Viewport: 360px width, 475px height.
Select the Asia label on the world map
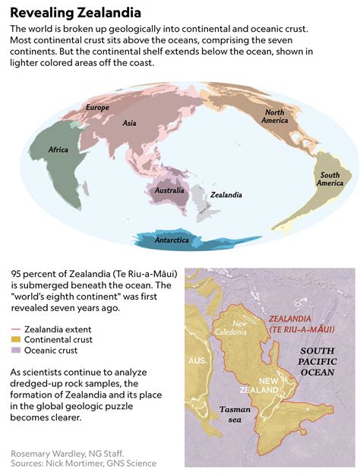[x=129, y=122]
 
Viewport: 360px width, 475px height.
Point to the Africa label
[x=59, y=149]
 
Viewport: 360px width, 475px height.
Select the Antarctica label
[x=172, y=240]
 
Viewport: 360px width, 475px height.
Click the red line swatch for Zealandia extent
[x=15, y=330]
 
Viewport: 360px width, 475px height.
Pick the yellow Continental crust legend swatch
[x=15, y=341]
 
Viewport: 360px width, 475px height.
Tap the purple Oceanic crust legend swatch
[x=15, y=351]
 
